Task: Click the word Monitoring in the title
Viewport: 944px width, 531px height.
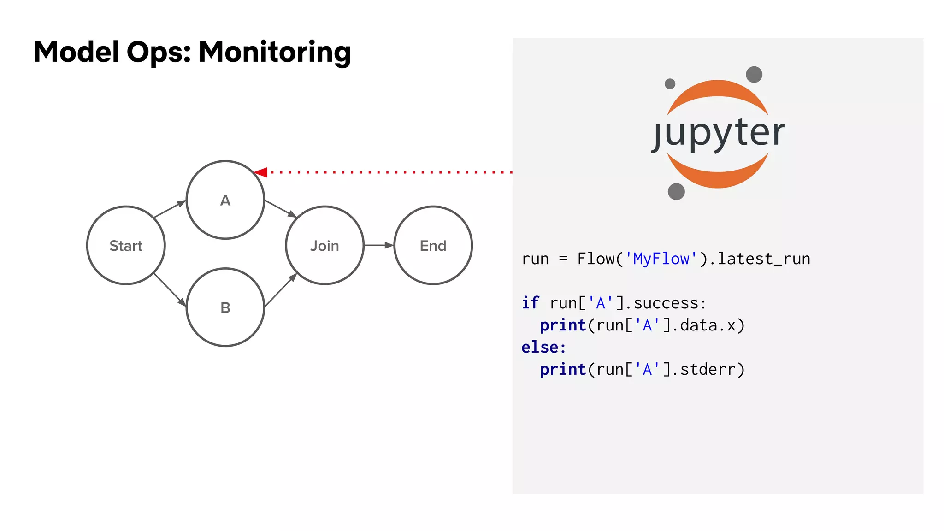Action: pos(275,52)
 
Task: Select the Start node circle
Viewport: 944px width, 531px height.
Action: pos(126,245)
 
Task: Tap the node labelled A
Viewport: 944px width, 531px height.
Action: pos(225,200)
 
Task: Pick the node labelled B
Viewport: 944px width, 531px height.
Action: pos(225,307)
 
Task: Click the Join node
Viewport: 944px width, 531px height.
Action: pos(324,245)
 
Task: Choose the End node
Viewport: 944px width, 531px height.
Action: pos(433,245)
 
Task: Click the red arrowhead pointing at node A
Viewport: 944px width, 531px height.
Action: pos(261,172)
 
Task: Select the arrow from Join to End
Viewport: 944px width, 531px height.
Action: pos(378,245)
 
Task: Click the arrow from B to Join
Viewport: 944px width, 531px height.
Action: pos(280,290)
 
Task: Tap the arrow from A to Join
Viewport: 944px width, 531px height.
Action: pos(280,208)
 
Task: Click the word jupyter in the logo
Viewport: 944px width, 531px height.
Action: pos(718,133)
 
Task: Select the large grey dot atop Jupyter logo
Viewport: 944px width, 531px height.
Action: pos(754,74)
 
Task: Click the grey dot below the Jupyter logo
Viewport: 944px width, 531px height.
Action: pos(676,191)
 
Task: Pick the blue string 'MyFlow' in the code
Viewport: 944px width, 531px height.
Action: pos(661,259)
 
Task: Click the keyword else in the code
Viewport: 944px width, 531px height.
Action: pos(540,348)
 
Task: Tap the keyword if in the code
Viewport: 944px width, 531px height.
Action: pos(530,303)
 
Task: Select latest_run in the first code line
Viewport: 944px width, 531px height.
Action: pos(764,259)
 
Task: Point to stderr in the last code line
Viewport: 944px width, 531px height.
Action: pos(708,370)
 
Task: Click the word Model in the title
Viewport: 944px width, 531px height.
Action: pos(77,52)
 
